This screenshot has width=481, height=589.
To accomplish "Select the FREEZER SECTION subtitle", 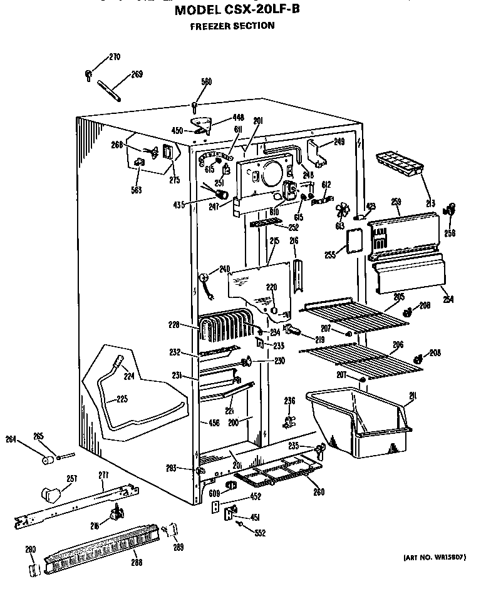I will click(x=232, y=26).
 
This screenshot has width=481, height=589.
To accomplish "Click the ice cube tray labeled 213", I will click(x=398, y=164).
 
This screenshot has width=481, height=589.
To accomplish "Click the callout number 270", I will click(x=114, y=58).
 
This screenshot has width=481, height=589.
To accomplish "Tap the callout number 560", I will click(x=206, y=81).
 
